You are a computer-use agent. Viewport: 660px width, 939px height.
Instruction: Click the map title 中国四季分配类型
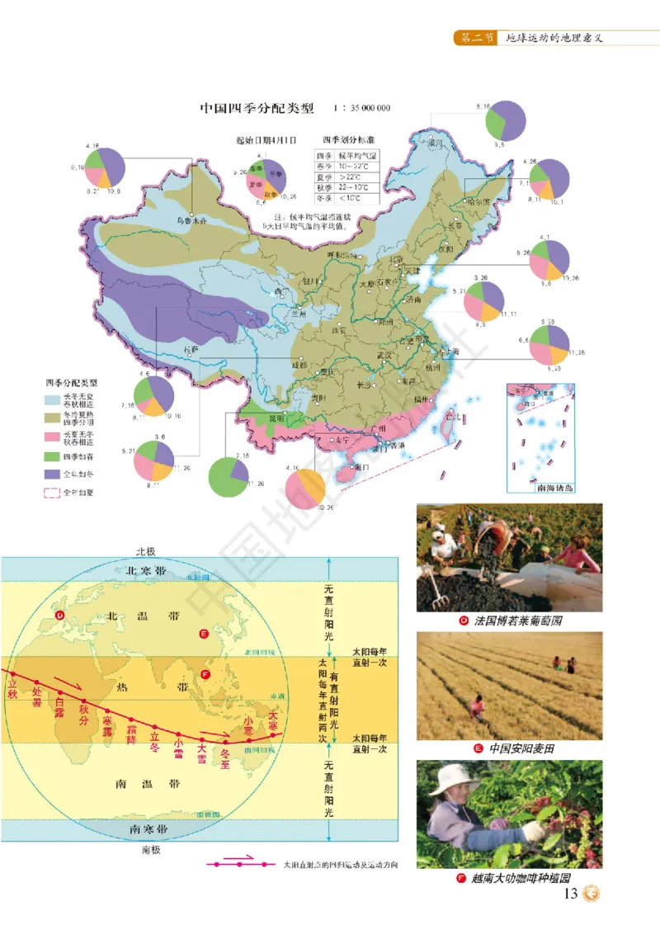[258, 108]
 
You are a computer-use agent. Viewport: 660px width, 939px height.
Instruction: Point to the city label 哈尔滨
[478, 200]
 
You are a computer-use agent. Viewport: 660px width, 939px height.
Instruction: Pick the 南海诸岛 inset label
[540, 487]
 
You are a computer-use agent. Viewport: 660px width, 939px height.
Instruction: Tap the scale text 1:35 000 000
[361, 109]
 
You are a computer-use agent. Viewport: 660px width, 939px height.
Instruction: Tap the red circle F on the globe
[205, 673]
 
